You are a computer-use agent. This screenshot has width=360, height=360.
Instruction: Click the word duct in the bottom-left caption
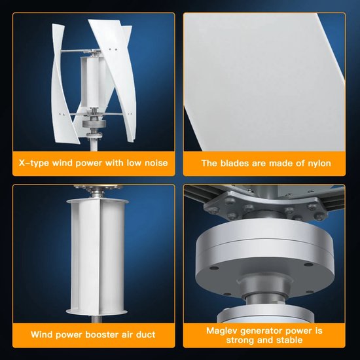coord(145,335)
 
